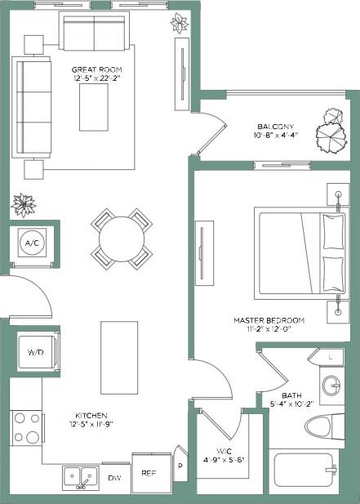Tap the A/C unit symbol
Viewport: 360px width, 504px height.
point(33,243)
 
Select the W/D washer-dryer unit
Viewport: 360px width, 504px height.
point(36,353)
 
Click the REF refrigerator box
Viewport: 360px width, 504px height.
point(148,472)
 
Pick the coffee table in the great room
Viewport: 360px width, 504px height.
point(94,108)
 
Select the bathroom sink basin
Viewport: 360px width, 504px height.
point(332,386)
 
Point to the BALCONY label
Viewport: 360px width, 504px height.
point(275,127)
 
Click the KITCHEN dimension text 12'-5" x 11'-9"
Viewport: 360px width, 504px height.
point(91,424)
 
